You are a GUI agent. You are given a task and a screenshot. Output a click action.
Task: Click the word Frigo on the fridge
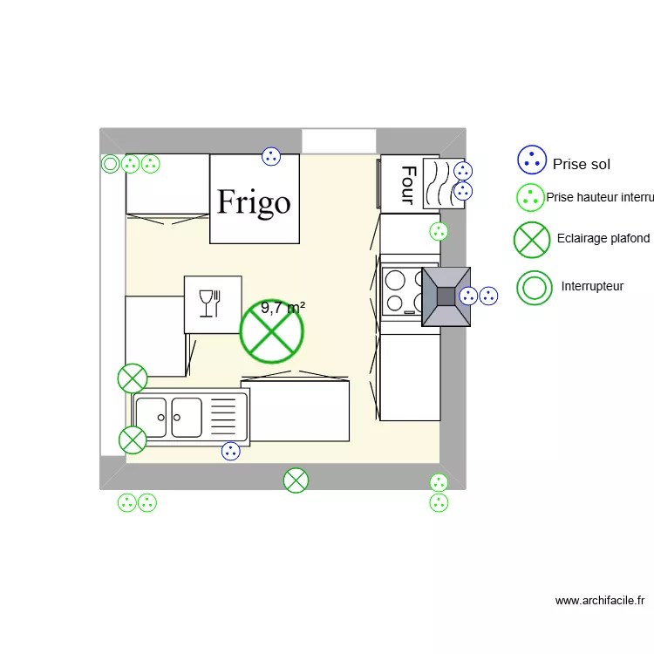pyautogui.click(x=254, y=202)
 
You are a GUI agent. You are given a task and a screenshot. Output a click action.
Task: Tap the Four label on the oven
pyautogui.click(x=406, y=184)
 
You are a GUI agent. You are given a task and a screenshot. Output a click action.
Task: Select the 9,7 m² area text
pyautogui.click(x=283, y=308)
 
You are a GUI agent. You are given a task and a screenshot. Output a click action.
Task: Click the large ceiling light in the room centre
pyautogui.click(x=272, y=331)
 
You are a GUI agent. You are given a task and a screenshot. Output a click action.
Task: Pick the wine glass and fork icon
pyautogui.click(x=212, y=303)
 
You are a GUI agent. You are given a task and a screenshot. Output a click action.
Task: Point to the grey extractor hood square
pyautogui.click(x=446, y=296)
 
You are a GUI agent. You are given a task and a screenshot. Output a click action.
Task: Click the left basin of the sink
pyautogui.click(x=152, y=418)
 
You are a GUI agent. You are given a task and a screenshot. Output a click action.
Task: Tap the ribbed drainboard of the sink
pyautogui.click(x=224, y=418)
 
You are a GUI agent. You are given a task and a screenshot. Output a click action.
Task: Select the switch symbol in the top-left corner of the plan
pyautogui.click(x=111, y=163)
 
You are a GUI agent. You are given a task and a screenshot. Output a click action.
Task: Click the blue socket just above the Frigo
pyautogui.click(x=271, y=157)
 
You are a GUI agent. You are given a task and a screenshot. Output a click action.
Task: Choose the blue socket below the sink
pyautogui.click(x=230, y=451)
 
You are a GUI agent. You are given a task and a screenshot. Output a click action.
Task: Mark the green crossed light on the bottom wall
pyautogui.click(x=296, y=480)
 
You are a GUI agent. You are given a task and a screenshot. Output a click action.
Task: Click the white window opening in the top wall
pyautogui.click(x=338, y=141)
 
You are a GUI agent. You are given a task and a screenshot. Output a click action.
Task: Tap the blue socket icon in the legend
pyautogui.click(x=531, y=160)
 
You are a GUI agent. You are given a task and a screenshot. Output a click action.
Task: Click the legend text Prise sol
pyautogui.click(x=582, y=164)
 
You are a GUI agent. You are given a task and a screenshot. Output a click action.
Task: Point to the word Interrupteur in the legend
pyautogui.click(x=592, y=286)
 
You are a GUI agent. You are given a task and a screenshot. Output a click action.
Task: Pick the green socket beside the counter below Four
pyautogui.click(x=439, y=231)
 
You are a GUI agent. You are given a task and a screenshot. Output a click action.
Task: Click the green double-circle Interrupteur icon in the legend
pyautogui.click(x=534, y=286)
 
